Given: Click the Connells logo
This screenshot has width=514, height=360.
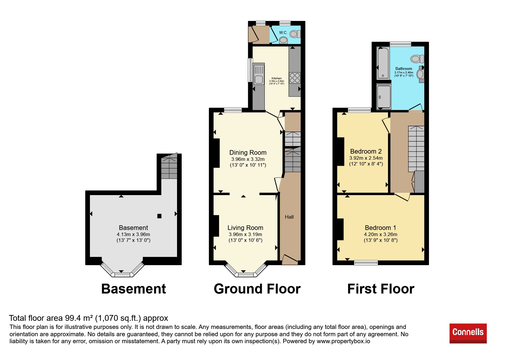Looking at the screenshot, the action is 468,333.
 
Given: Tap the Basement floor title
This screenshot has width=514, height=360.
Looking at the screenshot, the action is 134,289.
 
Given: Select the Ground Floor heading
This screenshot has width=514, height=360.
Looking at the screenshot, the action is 257,289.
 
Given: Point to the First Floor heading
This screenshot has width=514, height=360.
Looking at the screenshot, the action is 381,289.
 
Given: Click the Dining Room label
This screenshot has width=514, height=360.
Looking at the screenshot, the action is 248,152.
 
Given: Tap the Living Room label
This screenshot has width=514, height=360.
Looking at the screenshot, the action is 245,228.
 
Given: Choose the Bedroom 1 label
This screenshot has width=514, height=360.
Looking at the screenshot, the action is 380,228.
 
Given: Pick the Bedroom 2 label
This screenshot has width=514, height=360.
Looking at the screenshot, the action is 366,151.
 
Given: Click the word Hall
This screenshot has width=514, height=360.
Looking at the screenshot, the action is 289,217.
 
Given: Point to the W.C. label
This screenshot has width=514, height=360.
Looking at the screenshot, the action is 283,33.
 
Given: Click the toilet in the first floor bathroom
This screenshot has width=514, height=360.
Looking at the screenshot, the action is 417,59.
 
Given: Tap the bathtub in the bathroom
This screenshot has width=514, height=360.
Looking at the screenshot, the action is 383,63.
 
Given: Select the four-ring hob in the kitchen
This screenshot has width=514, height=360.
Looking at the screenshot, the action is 295,78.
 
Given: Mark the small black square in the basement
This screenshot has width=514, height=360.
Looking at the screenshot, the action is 159,216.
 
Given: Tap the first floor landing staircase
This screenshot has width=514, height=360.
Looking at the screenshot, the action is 416,149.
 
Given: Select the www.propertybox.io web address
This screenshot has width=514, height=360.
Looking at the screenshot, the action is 343,341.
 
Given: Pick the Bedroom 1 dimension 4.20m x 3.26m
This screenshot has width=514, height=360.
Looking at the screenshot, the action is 381,234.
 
